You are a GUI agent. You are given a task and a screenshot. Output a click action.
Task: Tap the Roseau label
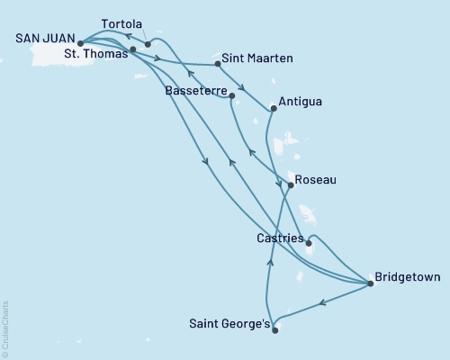[316, 180]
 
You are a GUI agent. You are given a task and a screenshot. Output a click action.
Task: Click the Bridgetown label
[407, 277]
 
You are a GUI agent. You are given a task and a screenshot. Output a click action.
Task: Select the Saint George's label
[228, 323]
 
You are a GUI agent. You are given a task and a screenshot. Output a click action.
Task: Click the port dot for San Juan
[80, 42]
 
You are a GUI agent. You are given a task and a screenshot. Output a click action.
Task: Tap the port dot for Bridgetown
[371, 284]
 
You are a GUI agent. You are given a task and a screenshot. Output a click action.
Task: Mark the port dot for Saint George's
[275, 329]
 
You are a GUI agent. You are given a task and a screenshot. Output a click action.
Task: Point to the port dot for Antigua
[273, 109]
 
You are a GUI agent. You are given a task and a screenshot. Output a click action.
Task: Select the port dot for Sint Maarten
[219, 63]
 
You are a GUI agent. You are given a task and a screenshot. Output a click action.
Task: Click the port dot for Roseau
[290, 185]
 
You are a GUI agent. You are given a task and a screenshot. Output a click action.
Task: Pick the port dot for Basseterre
[232, 94]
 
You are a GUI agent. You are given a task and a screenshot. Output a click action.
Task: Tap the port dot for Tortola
[148, 43]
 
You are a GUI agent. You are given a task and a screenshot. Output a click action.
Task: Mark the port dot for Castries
[309, 242]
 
